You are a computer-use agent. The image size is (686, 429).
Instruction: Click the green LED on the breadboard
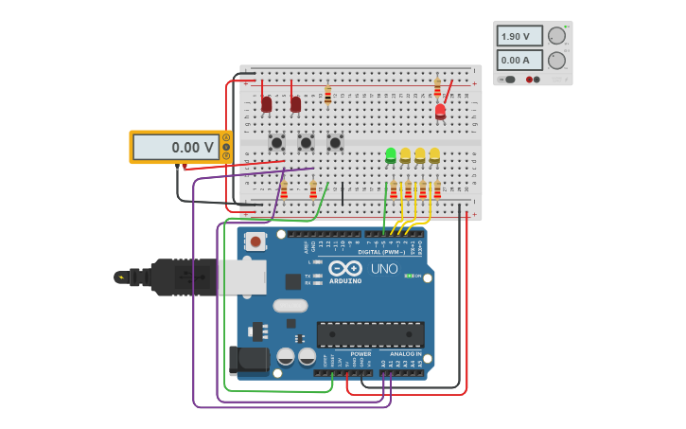pos(391,154)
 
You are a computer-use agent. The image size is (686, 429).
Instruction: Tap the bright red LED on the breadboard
pos(440,112)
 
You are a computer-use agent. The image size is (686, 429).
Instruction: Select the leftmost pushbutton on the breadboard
pos(276,142)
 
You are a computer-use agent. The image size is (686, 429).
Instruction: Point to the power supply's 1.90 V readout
pos(519,36)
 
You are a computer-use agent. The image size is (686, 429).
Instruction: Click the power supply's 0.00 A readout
pos(519,60)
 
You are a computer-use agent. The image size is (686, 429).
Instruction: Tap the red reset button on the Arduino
pos(255,241)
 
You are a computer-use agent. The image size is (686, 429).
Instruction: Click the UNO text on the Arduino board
pos(384,269)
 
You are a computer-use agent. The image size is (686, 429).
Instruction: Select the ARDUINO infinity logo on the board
pos(345,269)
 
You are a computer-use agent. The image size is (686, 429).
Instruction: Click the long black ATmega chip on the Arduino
pos(370,333)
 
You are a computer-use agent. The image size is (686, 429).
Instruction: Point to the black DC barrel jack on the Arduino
pos(248,360)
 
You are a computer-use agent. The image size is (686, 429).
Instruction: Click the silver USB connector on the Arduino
pos(242,277)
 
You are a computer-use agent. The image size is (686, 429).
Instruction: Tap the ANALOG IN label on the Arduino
pos(405,354)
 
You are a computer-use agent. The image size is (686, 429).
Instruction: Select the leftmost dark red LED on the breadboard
pos(267,104)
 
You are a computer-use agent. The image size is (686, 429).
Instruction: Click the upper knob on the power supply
pos(556,36)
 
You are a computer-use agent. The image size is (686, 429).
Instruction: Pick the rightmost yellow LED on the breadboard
pos(434,154)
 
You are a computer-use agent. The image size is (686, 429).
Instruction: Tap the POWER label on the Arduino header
pos(361,354)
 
